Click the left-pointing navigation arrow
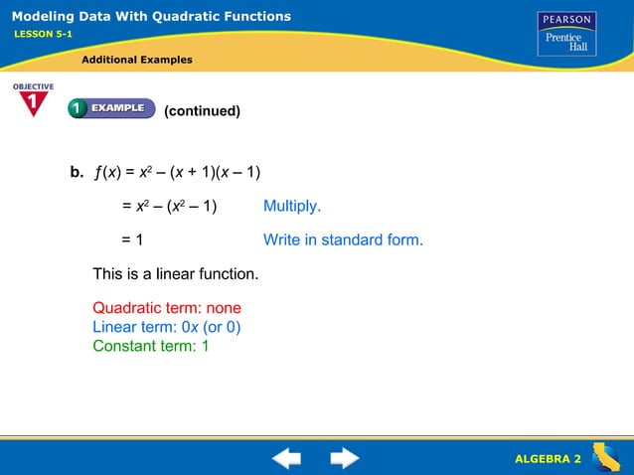[x=286, y=458]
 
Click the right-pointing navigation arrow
[x=345, y=458]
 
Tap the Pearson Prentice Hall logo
[x=566, y=34]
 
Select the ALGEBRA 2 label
[x=548, y=458]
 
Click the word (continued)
[x=202, y=110]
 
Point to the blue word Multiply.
[x=292, y=206]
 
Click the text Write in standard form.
[x=343, y=239]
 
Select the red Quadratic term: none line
[x=167, y=308]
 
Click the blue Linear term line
[x=167, y=327]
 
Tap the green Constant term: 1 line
[x=151, y=346]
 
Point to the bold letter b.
[x=77, y=172]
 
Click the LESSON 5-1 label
[x=43, y=34]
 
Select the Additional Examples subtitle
[x=137, y=60]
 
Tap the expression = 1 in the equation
[x=133, y=239]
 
